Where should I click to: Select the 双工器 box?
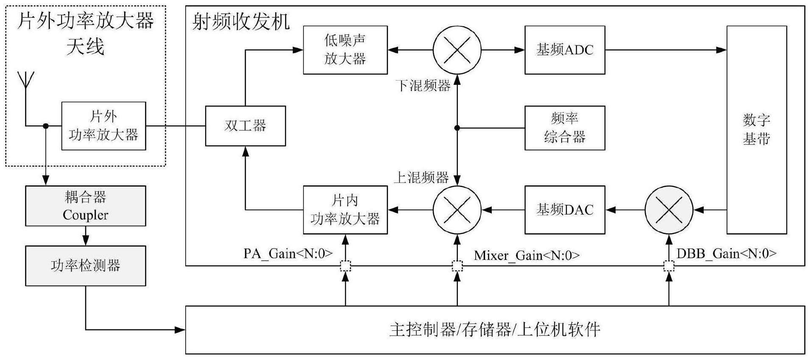click(245, 126)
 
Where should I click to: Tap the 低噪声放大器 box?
click(345, 50)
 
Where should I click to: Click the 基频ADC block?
click(564, 50)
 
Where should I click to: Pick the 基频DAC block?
click(564, 209)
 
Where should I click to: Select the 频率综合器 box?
click(564, 128)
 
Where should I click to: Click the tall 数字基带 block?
click(756, 129)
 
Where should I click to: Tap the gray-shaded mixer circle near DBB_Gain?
click(669, 209)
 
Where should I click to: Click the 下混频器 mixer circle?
click(457, 50)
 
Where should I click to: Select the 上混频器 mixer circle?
click(457, 209)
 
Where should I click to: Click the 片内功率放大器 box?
click(345, 209)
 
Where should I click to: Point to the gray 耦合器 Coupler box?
click(85, 206)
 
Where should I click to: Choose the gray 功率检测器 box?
click(85, 266)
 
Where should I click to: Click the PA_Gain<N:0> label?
click(288, 254)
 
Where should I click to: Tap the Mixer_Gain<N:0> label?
click(527, 255)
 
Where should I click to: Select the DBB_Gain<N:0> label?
click(727, 254)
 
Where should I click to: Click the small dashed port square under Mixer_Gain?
click(457, 266)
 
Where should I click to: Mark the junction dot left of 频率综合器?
click(457, 128)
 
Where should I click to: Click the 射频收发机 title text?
click(240, 22)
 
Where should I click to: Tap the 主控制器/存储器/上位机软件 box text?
click(495, 329)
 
